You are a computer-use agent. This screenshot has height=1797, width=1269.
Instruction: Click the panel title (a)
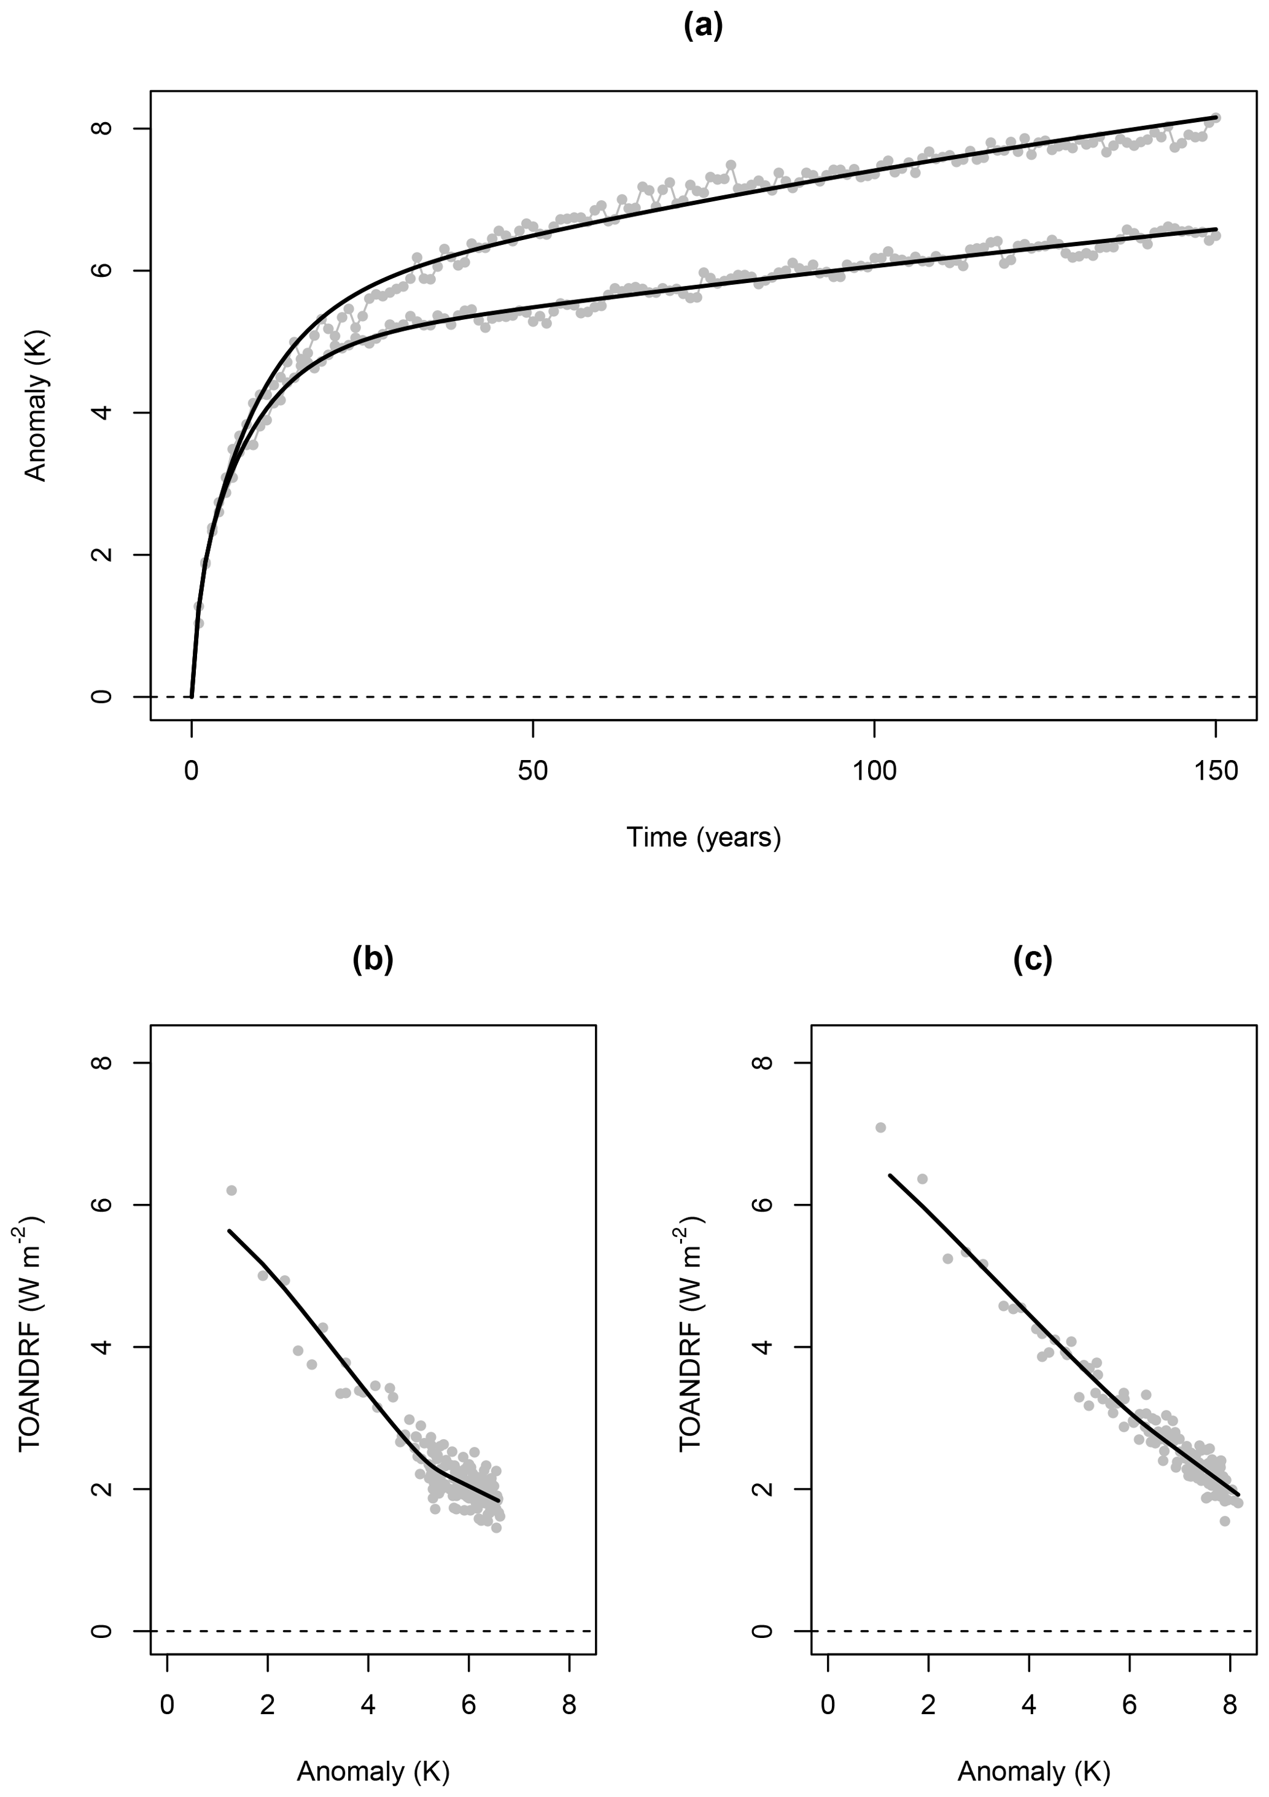coord(703,26)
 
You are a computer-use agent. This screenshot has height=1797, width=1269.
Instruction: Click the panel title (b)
coord(373,959)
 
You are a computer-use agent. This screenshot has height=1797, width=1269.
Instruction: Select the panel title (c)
coord(1033,959)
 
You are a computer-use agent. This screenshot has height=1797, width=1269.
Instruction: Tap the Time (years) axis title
coord(703,837)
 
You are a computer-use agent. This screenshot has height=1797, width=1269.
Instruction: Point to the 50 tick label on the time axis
coord(532,772)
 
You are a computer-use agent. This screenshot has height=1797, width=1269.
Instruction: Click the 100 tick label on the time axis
coord(874,772)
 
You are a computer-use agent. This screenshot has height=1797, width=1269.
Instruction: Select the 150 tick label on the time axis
coord(1215,772)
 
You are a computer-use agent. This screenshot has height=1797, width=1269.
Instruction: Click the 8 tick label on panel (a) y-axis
coord(101,128)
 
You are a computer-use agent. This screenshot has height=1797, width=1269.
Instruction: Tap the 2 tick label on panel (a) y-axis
coord(101,555)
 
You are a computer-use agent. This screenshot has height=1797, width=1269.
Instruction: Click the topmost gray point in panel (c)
coord(880,1128)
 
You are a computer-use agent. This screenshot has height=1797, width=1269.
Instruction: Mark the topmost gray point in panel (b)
coord(231,1190)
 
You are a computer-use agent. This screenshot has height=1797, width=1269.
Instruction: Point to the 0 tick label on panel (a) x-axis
coord(191,772)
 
